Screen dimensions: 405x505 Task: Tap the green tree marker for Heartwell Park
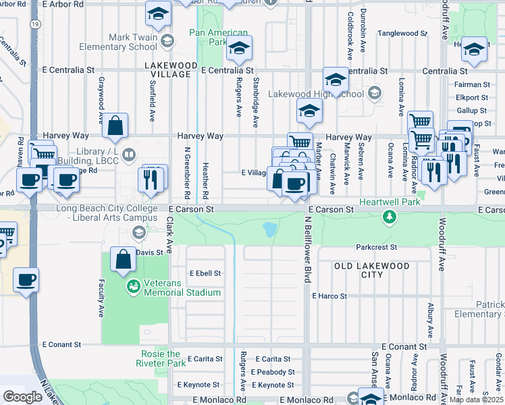coord(389,217)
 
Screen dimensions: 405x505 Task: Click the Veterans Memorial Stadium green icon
coord(133,287)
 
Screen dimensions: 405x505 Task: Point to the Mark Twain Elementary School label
coord(118,42)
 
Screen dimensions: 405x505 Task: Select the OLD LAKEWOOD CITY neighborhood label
coord(372,270)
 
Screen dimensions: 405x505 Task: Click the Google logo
coord(22,397)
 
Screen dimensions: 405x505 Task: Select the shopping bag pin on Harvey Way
coord(116,125)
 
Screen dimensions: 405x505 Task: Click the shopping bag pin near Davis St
coord(122,259)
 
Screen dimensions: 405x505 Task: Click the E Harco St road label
coord(329,296)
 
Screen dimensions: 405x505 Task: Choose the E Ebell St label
coord(205,273)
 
